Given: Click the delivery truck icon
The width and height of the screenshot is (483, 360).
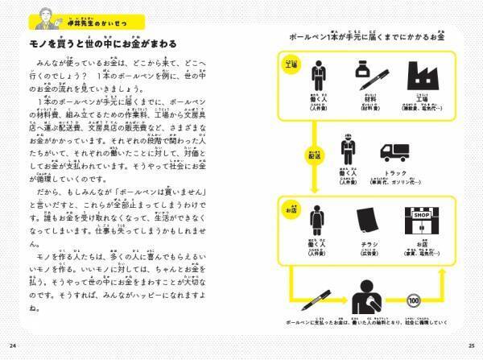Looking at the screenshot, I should [396, 151].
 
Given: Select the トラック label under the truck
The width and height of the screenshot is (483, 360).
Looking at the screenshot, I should [396, 175].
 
